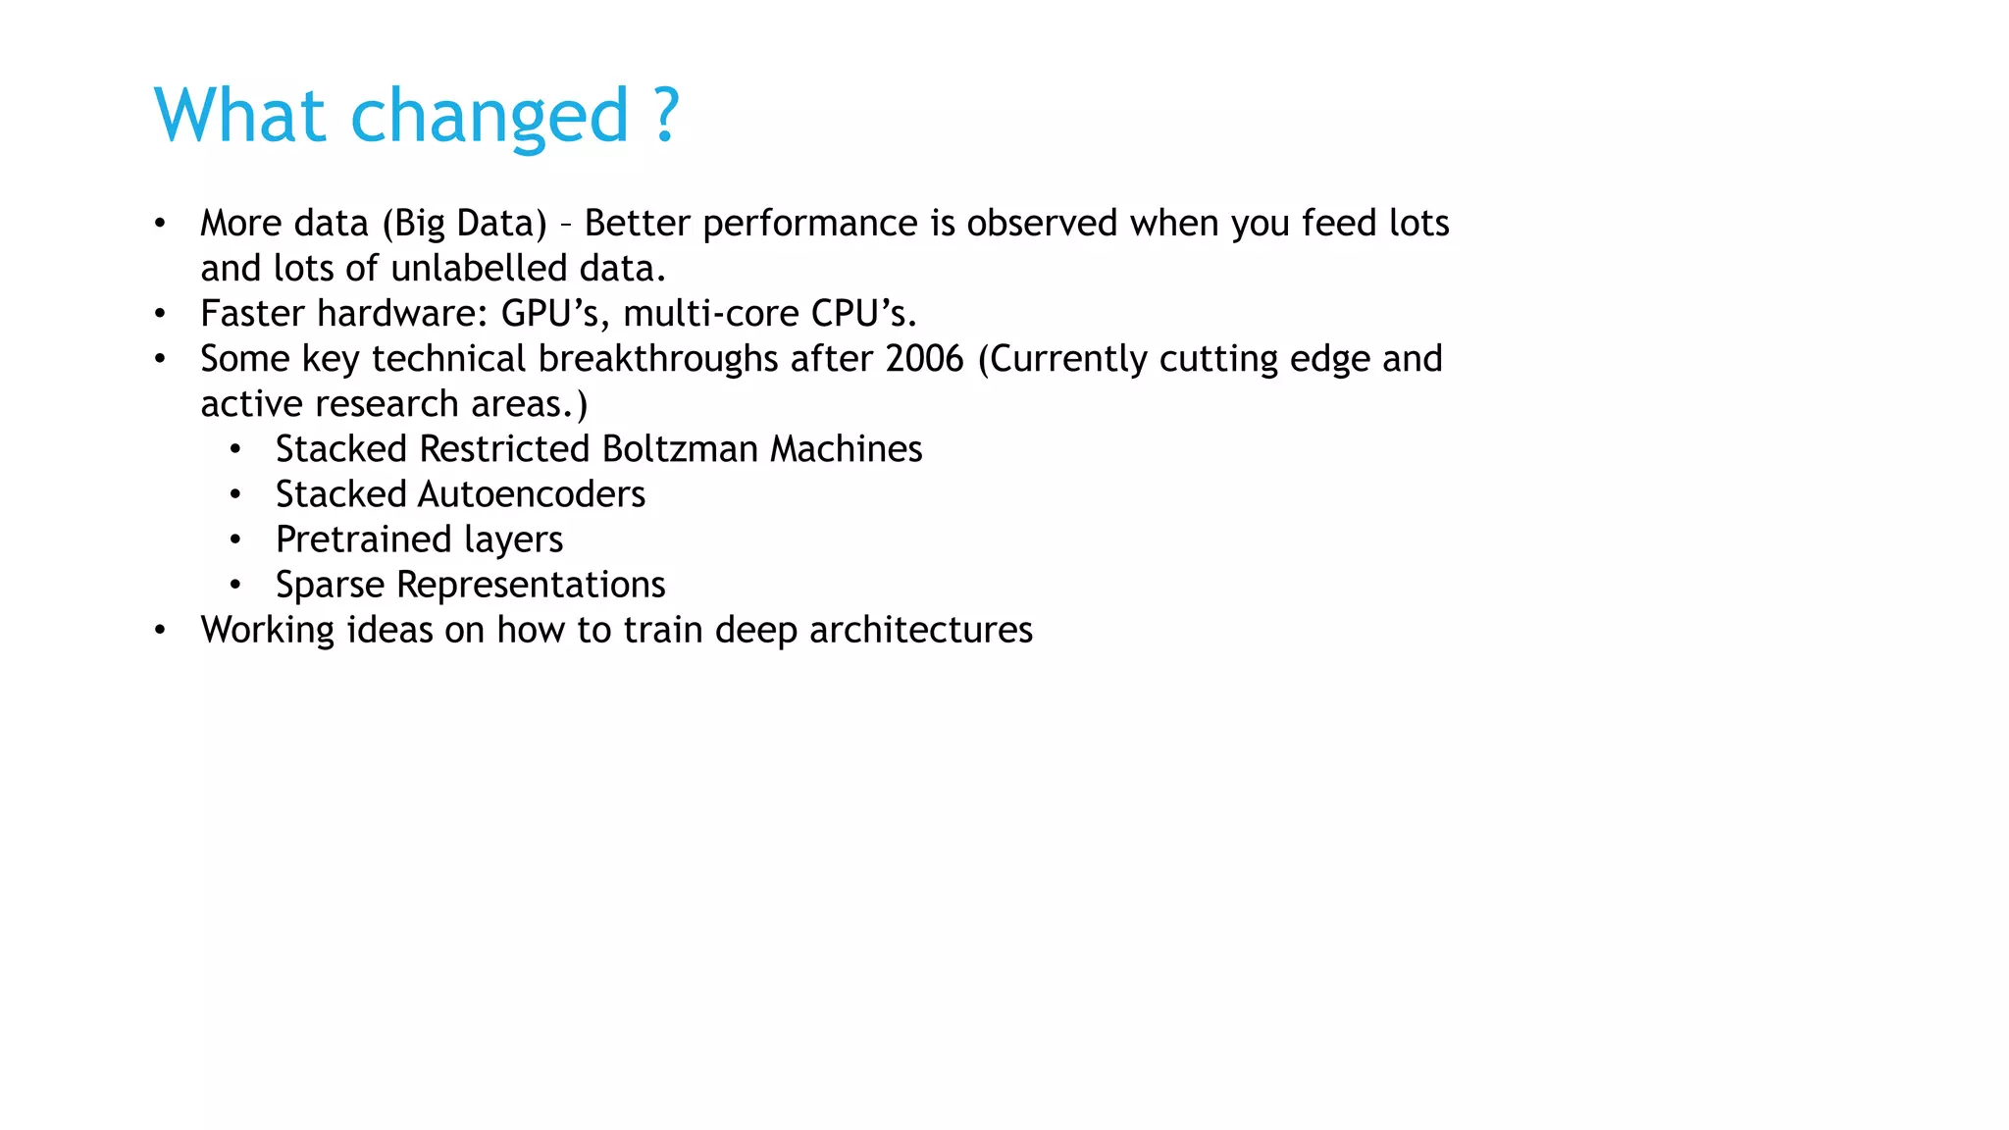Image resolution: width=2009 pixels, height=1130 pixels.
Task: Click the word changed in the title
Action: click(x=489, y=116)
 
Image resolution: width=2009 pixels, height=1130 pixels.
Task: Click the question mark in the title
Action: click(x=666, y=116)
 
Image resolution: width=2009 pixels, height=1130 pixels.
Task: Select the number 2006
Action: click(x=924, y=359)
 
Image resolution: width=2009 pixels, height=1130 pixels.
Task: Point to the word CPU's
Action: click(x=863, y=314)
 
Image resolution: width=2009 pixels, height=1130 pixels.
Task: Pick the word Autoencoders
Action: click(x=532, y=494)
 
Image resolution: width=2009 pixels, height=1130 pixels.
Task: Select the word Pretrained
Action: click(x=363, y=539)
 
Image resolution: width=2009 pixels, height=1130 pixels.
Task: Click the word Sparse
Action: click(x=330, y=585)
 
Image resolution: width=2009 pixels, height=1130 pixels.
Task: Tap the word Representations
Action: click(x=531, y=585)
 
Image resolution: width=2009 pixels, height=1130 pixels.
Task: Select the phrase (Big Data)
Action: click(x=464, y=224)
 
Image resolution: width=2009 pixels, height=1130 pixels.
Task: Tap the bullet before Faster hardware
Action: click(x=160, y=315)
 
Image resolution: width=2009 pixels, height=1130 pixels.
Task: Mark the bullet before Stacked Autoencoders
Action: click(x=235, y=495)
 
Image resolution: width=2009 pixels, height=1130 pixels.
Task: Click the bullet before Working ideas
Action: click(x=160, y=631)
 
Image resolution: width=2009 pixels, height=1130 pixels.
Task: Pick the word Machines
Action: click(x=846, y=449)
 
